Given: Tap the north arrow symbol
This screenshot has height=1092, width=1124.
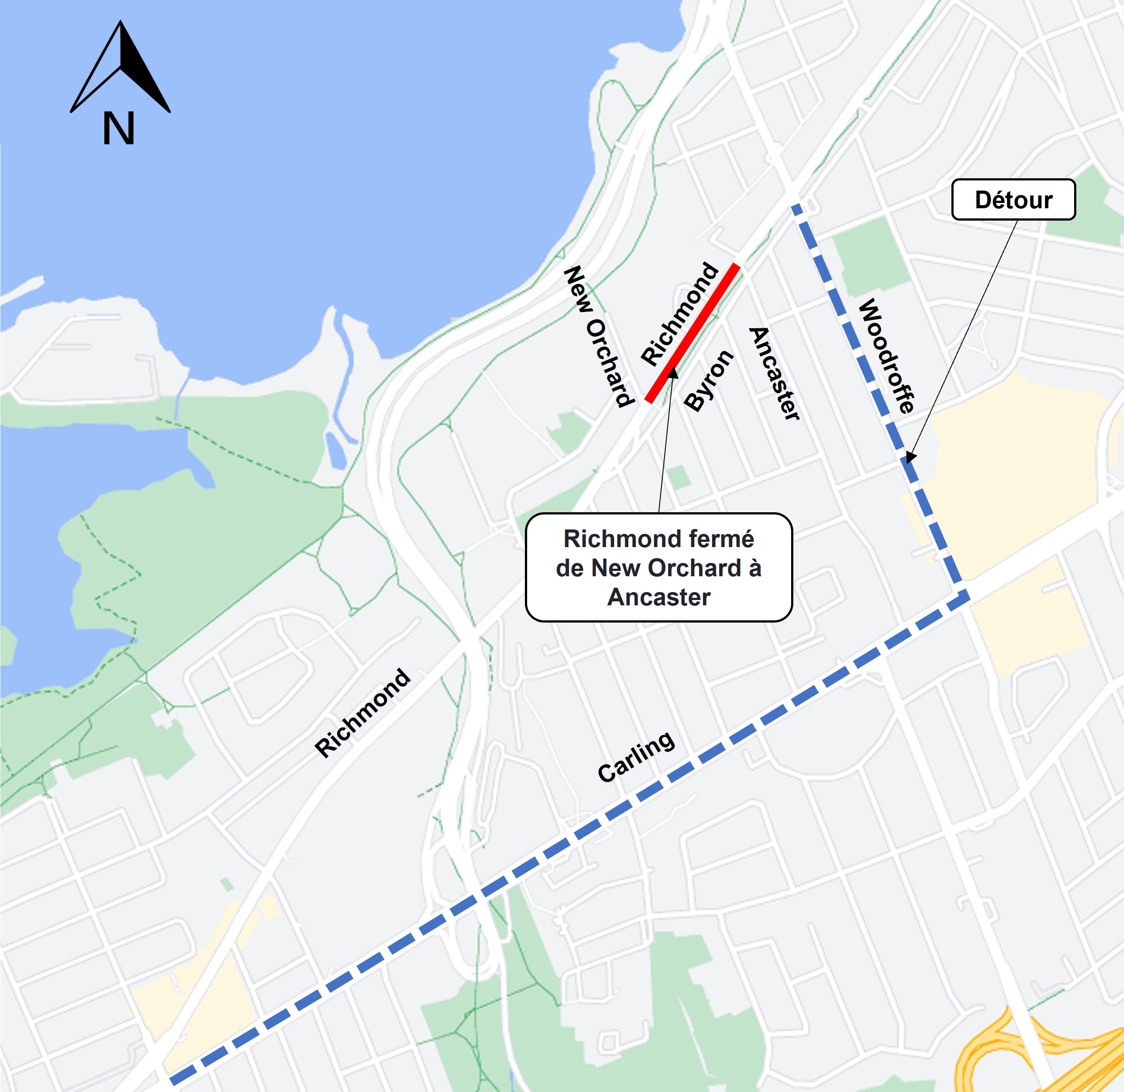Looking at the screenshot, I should click(121, 67).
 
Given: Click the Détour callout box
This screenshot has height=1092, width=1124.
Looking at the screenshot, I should click(1013, 199).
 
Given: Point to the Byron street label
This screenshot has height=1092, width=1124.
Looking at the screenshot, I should click(709, 381).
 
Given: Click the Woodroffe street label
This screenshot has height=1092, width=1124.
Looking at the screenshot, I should click(886, 356).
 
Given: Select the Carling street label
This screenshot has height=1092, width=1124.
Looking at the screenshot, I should click(636, 757).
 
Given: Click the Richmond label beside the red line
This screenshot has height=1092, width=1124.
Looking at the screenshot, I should click(679, 314).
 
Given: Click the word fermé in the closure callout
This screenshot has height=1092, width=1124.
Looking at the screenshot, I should click(724, 539).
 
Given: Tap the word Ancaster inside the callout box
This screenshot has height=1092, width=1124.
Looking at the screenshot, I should click(659, 597).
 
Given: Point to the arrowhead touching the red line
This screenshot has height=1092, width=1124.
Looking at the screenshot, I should click(672, 374).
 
